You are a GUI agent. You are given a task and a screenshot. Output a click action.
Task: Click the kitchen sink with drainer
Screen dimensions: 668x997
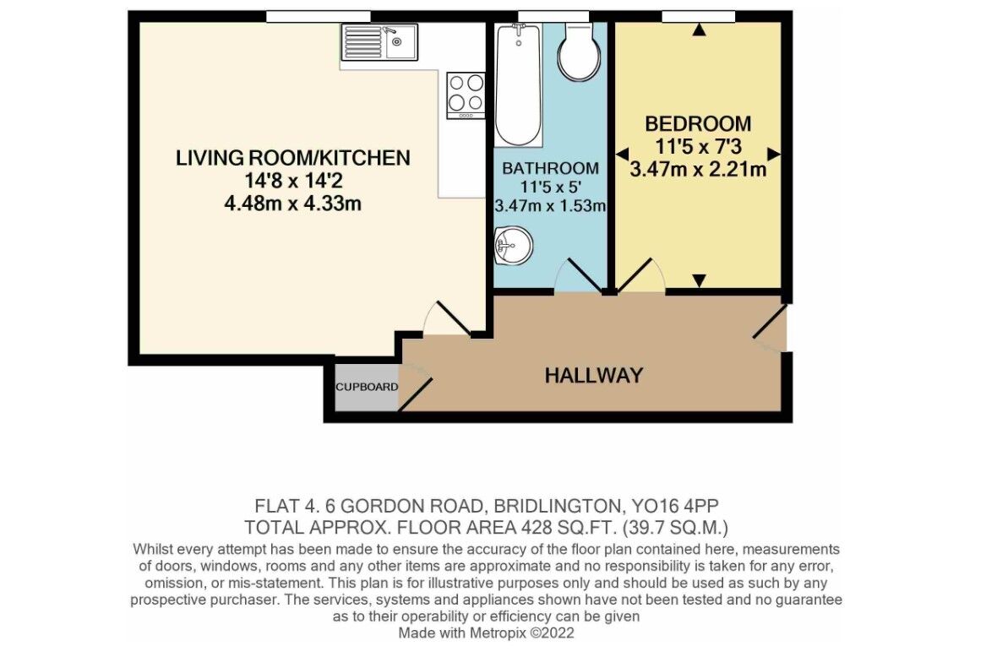379,41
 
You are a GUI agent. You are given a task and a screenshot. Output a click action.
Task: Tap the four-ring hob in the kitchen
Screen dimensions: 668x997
466,95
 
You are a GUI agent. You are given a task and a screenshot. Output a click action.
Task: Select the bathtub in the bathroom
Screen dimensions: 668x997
518,84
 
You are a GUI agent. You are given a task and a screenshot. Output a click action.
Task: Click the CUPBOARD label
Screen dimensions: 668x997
367,387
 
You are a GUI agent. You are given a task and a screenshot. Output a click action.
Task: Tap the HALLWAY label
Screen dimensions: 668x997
594,375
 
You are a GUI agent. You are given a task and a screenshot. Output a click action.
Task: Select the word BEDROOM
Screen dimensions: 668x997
698,123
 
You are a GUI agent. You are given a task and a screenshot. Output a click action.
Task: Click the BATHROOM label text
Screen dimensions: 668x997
550,168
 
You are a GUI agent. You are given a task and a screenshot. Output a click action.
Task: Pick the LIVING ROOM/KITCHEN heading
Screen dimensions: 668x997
292,157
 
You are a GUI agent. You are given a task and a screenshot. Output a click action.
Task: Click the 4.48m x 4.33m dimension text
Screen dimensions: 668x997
292,204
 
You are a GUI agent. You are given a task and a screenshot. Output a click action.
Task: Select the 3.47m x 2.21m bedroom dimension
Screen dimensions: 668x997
698,169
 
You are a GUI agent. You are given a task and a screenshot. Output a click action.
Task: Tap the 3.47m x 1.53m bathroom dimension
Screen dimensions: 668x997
550,205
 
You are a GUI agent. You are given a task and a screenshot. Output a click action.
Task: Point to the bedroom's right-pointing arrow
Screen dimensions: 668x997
774,154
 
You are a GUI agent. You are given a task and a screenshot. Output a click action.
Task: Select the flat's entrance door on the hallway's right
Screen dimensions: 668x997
770,329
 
